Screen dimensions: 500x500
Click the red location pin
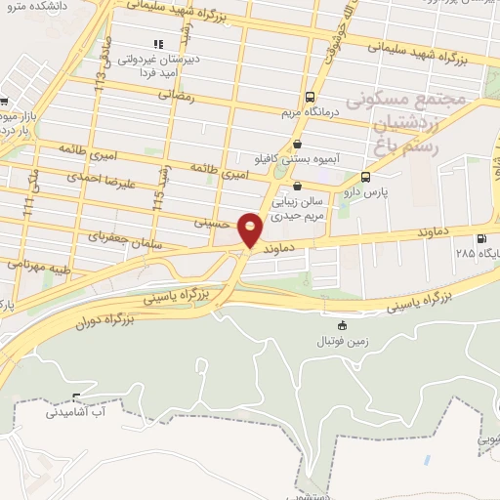pos(251,229)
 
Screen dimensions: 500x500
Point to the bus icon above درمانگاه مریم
pos(310,98)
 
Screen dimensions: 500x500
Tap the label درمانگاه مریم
pos(310,112)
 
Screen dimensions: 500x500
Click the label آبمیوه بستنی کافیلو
pos(284,158)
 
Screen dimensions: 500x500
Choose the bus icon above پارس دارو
pos(365,178)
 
